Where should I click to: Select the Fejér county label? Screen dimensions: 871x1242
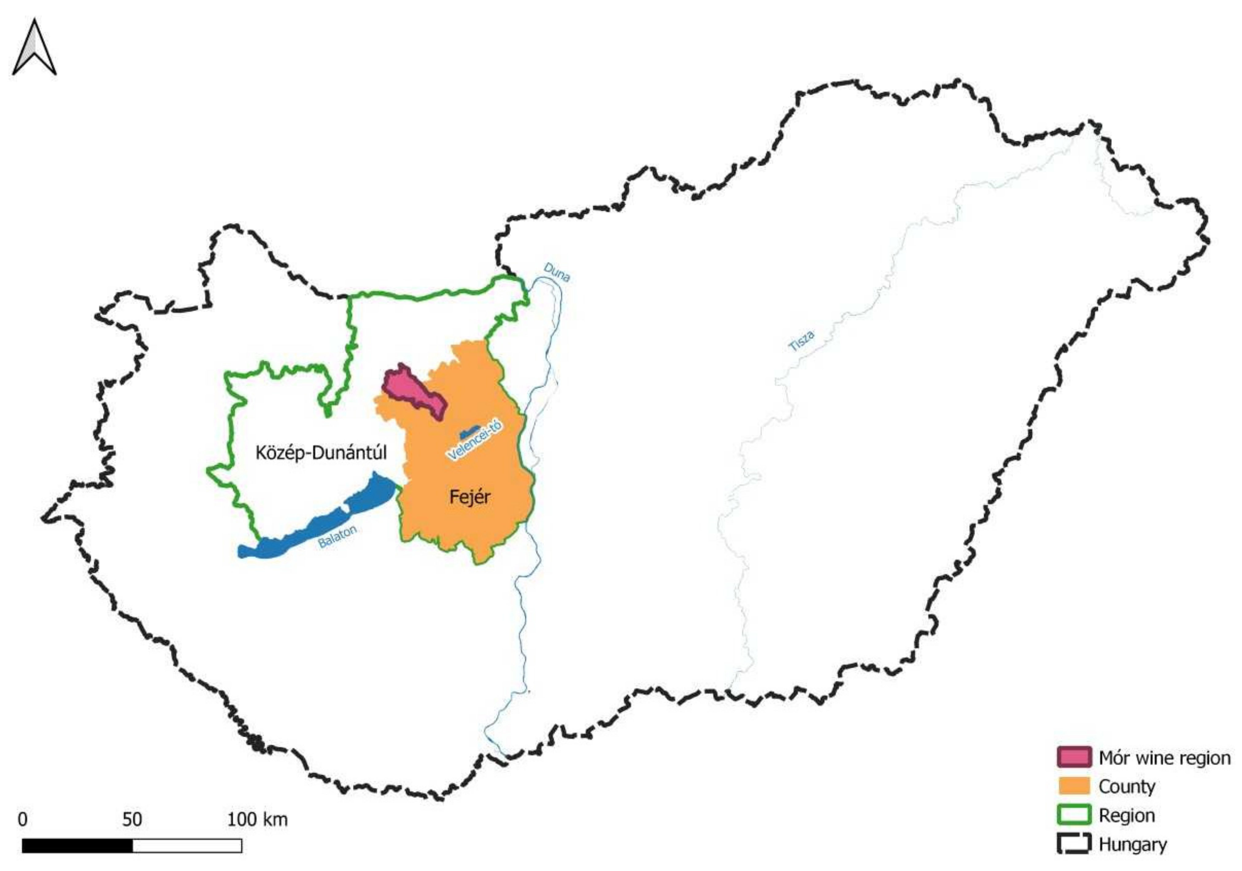(469, 497)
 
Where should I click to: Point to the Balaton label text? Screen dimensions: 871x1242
(337, 537)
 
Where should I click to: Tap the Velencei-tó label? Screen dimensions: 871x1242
(474, 441)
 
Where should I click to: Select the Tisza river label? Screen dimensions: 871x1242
(800, 341)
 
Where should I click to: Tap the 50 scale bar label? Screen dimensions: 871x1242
(132, 819)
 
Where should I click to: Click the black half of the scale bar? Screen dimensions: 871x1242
(77, 846)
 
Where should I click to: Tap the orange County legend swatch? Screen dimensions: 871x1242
(1074, 786)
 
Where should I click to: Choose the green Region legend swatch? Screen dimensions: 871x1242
(1074, 815)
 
